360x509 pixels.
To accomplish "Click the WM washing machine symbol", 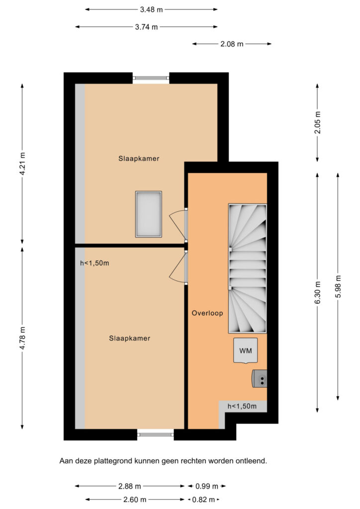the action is [x=246, y=350].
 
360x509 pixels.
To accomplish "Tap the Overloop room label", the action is [x=207, y=313].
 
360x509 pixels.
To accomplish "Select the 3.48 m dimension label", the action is [x=151, y=10].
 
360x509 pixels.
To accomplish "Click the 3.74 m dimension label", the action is [x=146, y=27].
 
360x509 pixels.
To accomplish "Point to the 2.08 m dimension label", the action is [x=232, y=44].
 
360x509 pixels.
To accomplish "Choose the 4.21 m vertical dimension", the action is [x=22, y=164].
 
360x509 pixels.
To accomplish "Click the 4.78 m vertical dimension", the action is [x=22, y=338].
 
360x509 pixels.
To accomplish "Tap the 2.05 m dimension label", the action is [x=317, y=122].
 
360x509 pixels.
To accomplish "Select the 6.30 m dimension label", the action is [x=317, y=292].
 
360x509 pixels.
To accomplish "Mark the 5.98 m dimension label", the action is [x=338, y=286].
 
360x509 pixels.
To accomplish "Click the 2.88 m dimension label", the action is [x=129, y=486].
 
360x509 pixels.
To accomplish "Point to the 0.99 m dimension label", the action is [x=207, y=486].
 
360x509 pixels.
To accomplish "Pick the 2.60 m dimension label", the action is [x=135, y=500].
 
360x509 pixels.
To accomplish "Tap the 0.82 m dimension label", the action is [x=203, y=500].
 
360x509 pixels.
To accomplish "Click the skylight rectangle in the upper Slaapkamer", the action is [x=149, y=214].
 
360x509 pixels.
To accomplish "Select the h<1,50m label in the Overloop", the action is [x=242, y=406].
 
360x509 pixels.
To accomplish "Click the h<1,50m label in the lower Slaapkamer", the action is [x=94, y=263].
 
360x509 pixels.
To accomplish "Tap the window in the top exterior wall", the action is [x=151, y=78].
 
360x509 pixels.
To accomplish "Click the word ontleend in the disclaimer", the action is [x=252, y=461].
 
